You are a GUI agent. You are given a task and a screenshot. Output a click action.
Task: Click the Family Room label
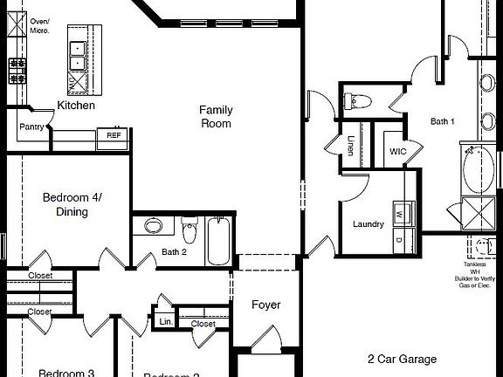point(215,116)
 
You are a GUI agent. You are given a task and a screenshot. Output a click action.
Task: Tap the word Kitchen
point(76,106)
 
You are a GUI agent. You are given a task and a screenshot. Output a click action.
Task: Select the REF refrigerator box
point(114,135)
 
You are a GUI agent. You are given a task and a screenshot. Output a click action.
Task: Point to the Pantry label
point(32,127)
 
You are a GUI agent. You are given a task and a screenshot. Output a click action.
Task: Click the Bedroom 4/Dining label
point(72,204)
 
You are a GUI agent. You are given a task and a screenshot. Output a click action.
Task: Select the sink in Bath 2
point(153,226)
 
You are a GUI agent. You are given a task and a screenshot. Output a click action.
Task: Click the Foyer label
point(265,305)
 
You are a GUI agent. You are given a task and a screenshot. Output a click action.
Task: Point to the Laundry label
point(369,224)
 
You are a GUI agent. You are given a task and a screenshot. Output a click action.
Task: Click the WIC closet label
point(397,152)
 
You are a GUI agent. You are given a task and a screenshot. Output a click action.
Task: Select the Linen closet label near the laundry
point(351,146)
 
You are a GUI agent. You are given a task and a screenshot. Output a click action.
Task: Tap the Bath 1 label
point(443,121)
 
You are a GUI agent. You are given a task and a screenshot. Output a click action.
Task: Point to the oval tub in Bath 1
point(476,171)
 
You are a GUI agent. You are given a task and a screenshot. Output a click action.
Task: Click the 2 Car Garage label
point(402,359)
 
